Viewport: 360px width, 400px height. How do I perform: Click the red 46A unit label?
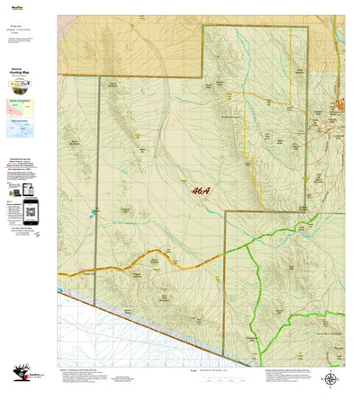coord(202,190)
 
